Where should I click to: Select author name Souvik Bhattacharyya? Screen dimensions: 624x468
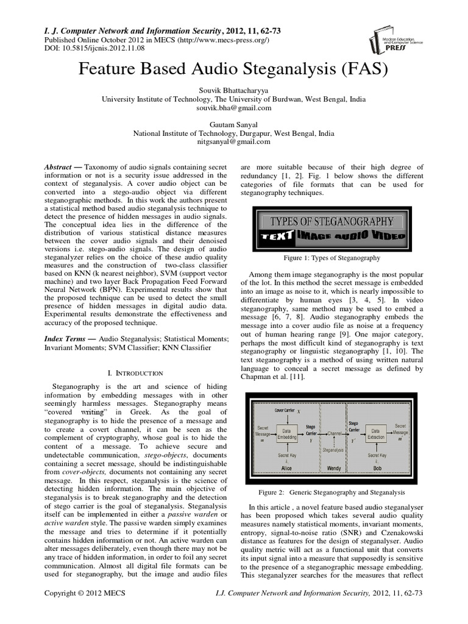[233, 89]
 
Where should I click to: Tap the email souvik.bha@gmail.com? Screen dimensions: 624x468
[233, 107]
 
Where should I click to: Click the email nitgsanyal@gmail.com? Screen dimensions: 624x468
[233, 141]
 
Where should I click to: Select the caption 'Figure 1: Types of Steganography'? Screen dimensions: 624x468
[331, 258]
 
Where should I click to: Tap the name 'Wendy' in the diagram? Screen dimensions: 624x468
[334, 470]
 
